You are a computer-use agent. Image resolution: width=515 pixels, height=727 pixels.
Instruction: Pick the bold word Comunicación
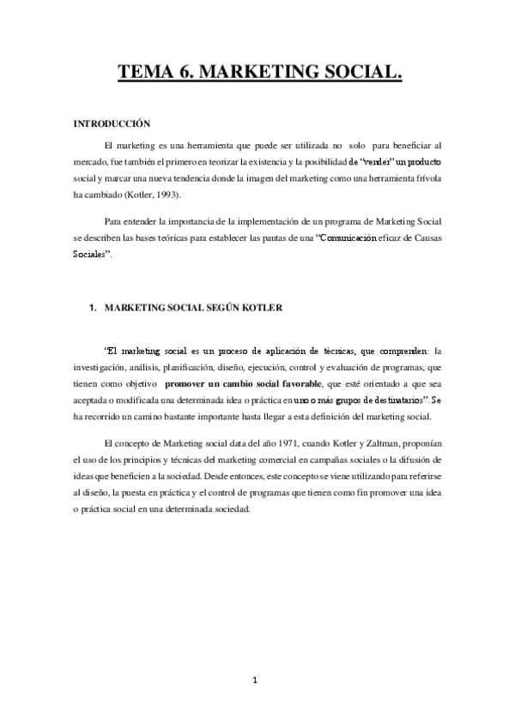pos(348,238)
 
